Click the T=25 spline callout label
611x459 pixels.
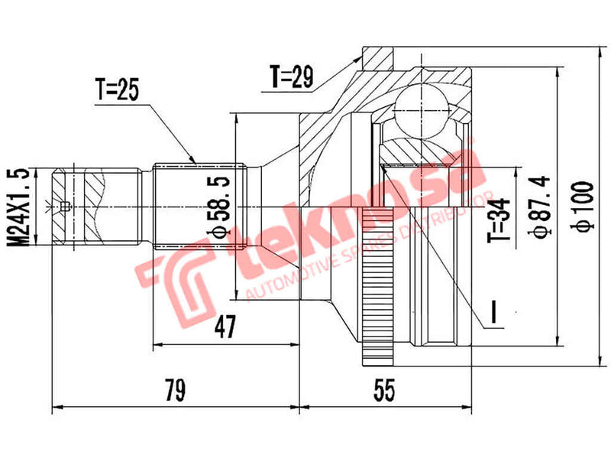pyautogui.click(x=117, y=90)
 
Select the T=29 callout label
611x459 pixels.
pyautogui.click(x=292, y=76)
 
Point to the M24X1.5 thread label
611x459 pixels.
pyautogui.click(x=23, y=207)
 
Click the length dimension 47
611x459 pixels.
pyautogui.click(x=223, y=327)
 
